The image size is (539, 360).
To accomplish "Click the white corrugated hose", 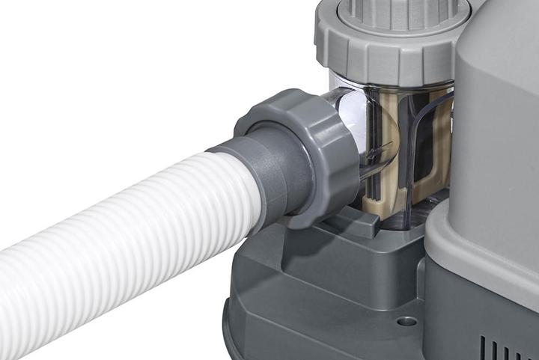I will click(112, 240).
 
